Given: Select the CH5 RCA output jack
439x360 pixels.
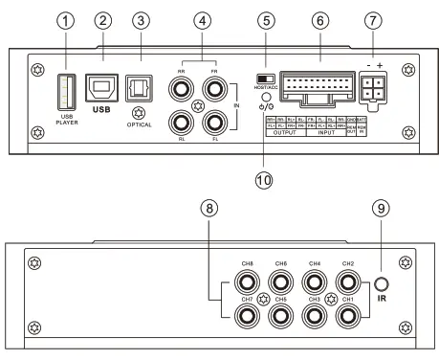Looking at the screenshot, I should pos(280,313).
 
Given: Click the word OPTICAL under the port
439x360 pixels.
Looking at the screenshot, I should pos(139,125).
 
